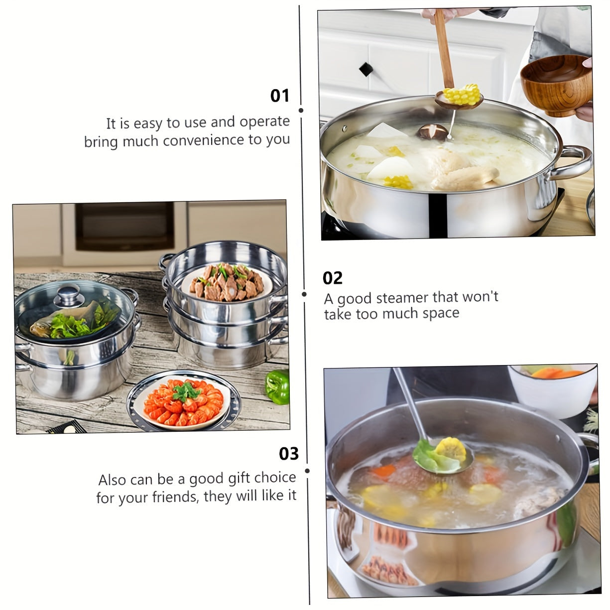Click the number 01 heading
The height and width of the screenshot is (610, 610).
[279, 96]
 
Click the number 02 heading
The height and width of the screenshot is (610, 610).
[332, 278]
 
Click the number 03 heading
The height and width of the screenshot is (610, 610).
[289, 454]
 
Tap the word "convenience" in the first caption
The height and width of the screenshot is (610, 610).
[204, 140]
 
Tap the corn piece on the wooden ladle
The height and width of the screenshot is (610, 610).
[462, 94]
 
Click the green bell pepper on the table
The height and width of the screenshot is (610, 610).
[277, 387]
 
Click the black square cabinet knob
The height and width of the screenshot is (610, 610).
[366, 69]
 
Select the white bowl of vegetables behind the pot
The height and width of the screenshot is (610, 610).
[552, 390]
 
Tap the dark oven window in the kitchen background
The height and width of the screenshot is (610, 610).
[124, 226]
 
